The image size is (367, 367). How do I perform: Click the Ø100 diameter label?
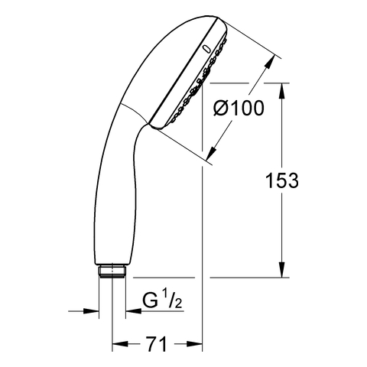pos(239,108)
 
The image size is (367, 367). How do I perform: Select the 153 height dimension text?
pos(282,180)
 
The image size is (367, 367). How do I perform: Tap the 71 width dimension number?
pos(157,344)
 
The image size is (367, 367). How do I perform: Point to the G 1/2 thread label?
pos(162,300)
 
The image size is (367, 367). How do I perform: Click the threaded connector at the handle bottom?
pos(112,271)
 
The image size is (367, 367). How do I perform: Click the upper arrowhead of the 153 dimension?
pos(282,91)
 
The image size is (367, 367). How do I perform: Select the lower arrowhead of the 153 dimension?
pos(282,270)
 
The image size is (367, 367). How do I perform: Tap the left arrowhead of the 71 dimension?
pos(120,344)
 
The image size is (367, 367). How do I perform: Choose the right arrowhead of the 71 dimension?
pos(195,344)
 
